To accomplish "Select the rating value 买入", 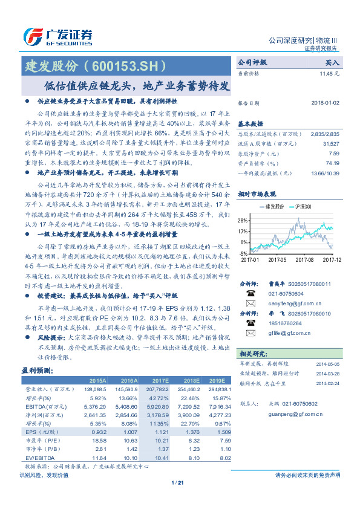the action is (x=332, y=62).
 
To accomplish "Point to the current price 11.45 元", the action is (x=329, y=73).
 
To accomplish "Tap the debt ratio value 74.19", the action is (x=332, y=163).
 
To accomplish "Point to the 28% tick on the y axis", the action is (x=242, y=220).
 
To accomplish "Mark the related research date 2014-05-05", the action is (x=328, y=364).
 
